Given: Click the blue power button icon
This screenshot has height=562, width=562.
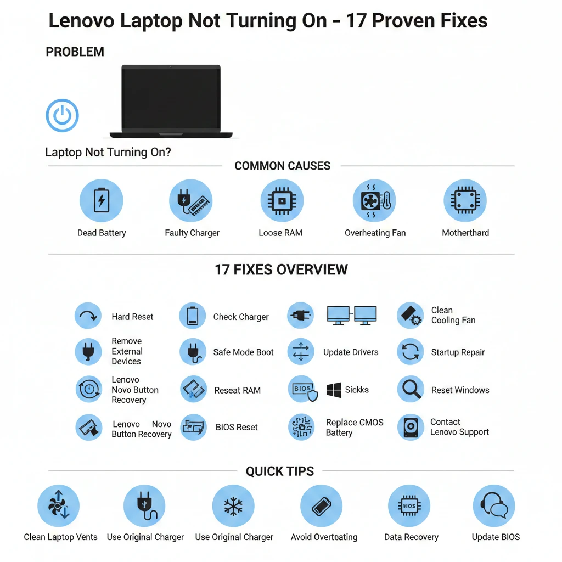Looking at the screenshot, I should point(62,116).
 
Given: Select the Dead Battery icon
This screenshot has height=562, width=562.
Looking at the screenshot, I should point(102,201).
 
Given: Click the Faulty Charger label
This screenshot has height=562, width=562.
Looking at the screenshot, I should point(192,233).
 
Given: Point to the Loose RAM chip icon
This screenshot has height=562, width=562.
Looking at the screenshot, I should point(281,201).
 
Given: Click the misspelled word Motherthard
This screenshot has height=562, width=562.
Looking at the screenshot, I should point(465,233).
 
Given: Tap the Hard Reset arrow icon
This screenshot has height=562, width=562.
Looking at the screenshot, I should point(88,316).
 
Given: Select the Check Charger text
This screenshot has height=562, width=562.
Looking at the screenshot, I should point(241,317).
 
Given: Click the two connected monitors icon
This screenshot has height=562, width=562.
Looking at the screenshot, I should point(352,316).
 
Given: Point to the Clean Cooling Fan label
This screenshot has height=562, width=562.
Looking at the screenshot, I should point(453,315).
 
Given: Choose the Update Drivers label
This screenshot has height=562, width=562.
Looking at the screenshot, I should point(351,352).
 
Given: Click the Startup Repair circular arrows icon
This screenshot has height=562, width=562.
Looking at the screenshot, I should point(411,352).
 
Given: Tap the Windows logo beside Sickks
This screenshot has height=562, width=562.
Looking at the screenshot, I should point(334,390).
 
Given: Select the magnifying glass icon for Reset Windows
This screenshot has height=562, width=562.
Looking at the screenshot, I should point(411,390).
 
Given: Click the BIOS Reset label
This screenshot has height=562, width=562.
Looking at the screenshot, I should point(237,427).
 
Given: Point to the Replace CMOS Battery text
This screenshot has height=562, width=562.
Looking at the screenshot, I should point(355,428).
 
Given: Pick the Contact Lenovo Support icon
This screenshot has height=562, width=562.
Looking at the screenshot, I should point(411,428).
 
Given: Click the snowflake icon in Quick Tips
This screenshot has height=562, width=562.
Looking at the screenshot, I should point(233,506).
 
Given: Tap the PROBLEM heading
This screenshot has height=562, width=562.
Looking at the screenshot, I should point(75,52).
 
